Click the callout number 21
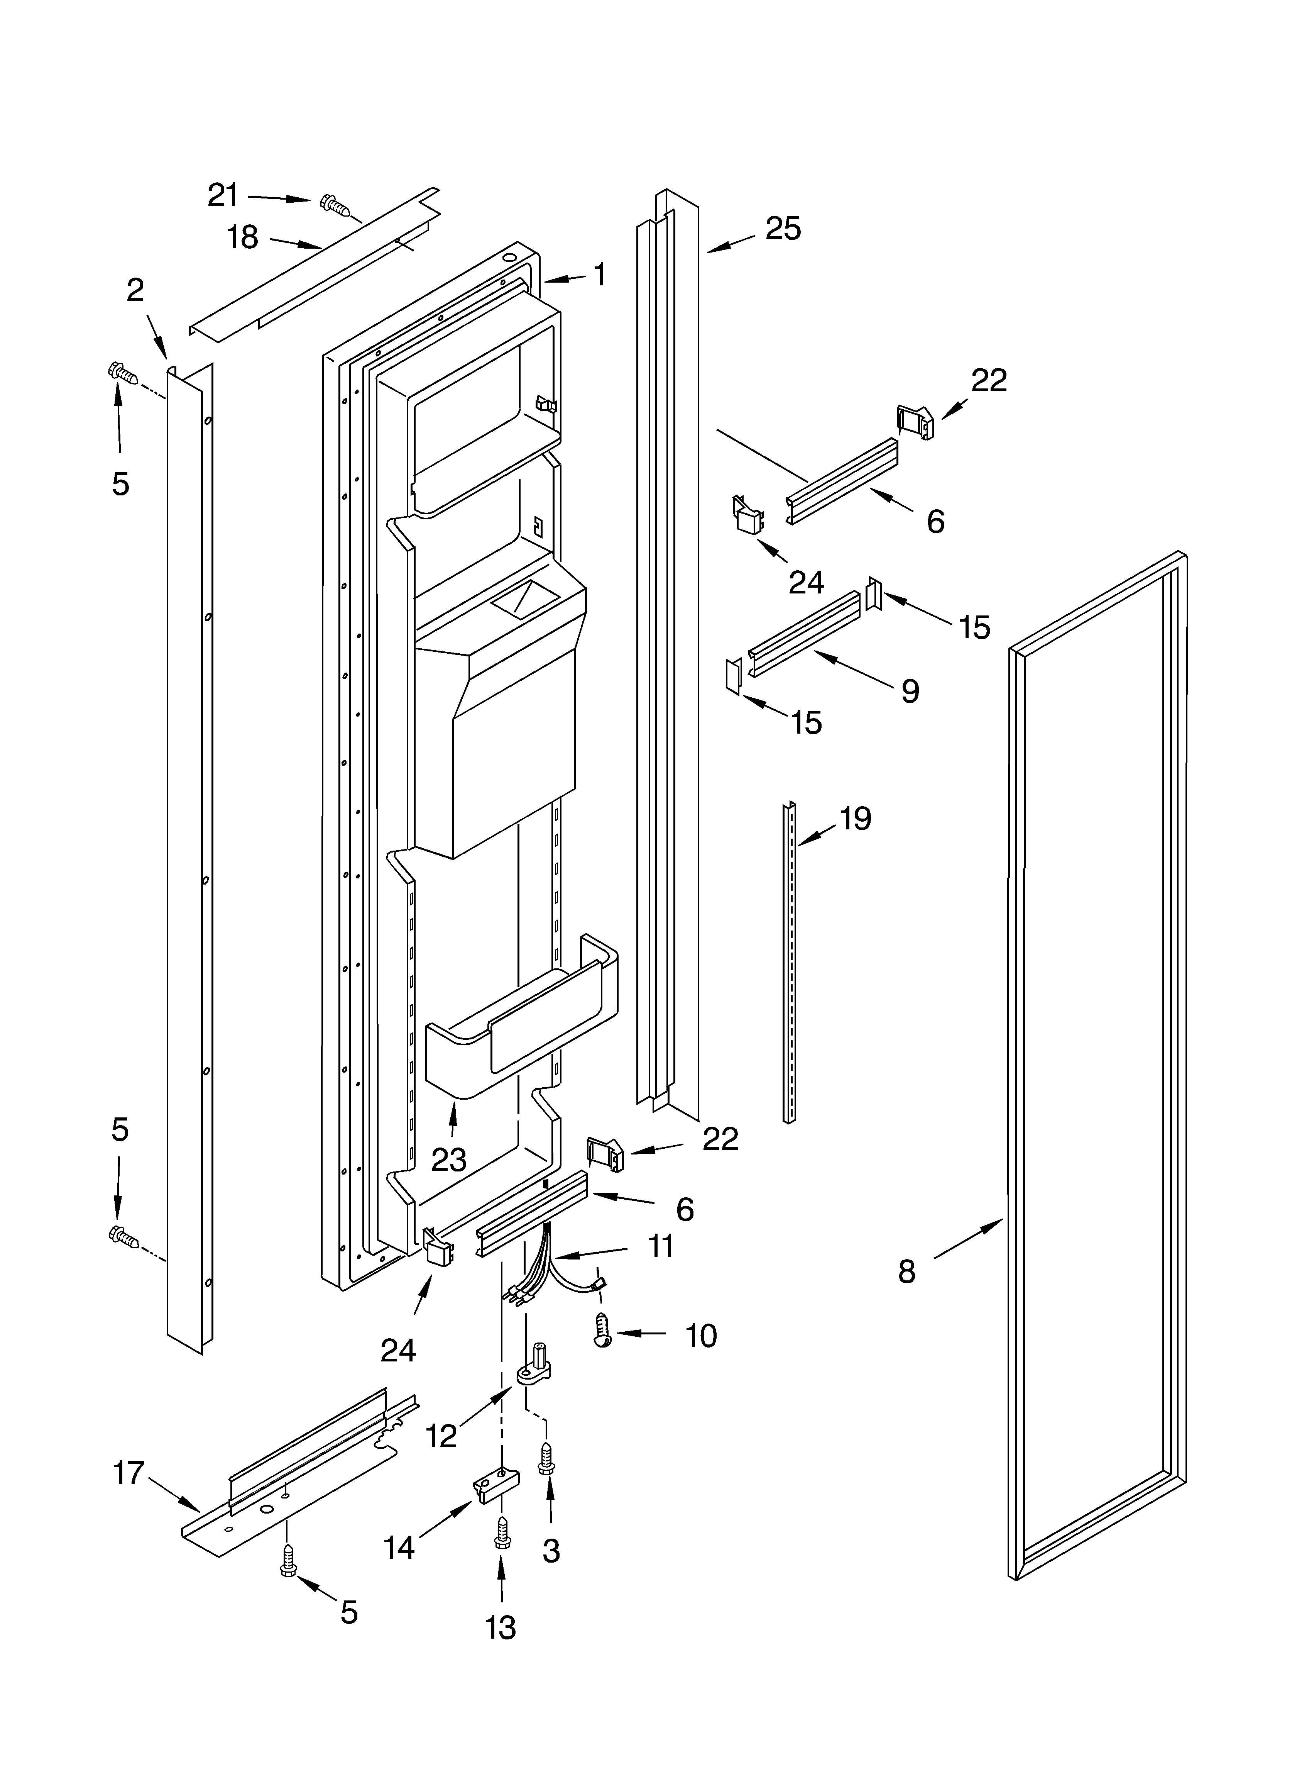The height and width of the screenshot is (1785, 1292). click(x=223, y=195)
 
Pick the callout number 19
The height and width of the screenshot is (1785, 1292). click(x=855, y=819)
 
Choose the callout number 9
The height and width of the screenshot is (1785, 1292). click(x=910, y=691)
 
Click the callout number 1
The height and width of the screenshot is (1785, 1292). click(x=600, y=275)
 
